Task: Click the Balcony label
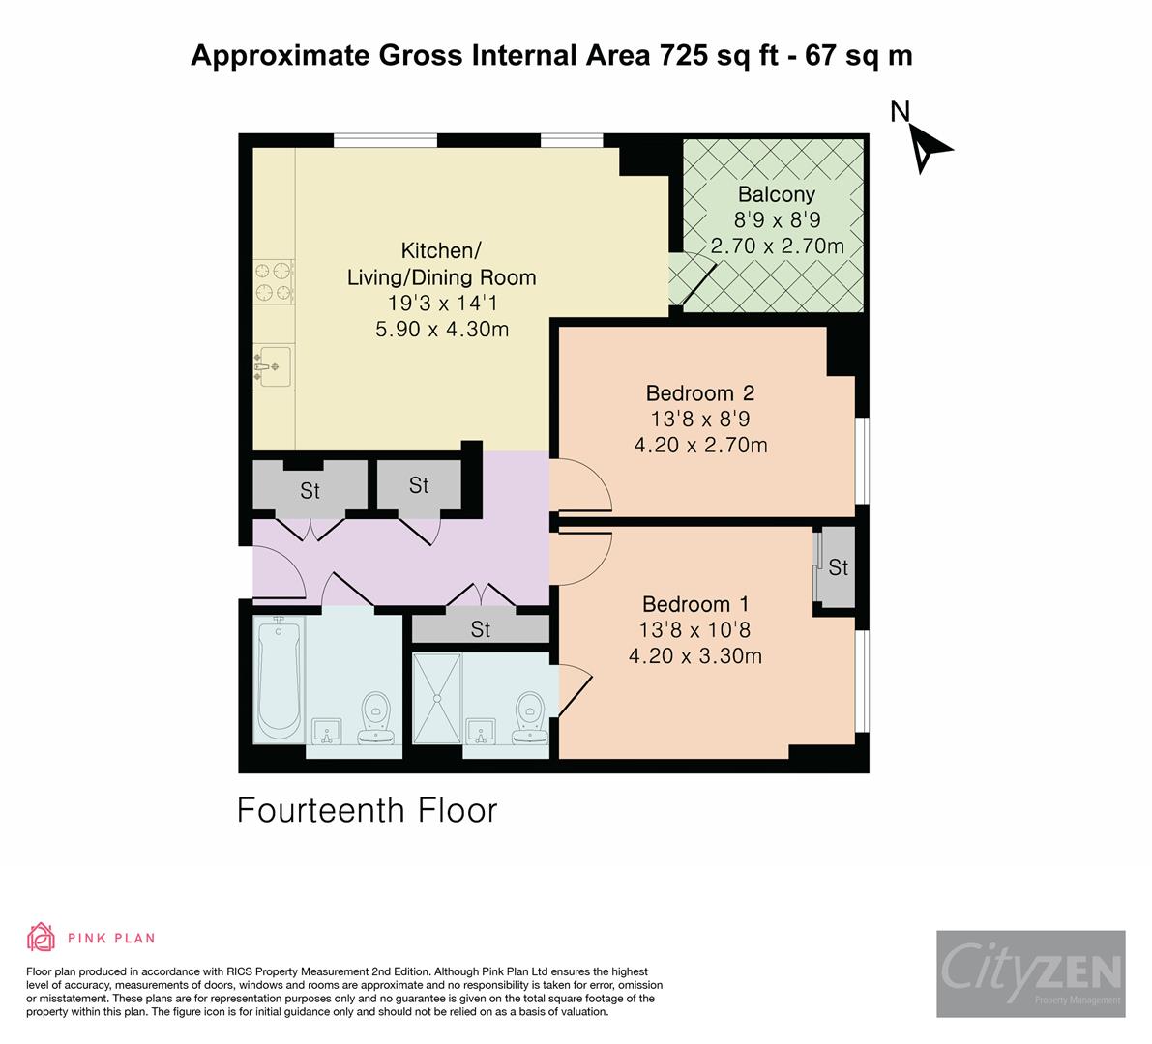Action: (776, 193)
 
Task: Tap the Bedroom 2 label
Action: (699, 393)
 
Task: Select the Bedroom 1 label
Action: (694, 604)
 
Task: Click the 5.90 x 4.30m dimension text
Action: (441, 330)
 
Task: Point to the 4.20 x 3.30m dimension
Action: (694, 656)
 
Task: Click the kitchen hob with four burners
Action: (273, 281)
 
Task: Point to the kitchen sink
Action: (273, 366)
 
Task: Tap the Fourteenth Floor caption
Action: (367, 810)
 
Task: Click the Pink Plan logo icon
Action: (42, 937)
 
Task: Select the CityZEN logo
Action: (1030, 973)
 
